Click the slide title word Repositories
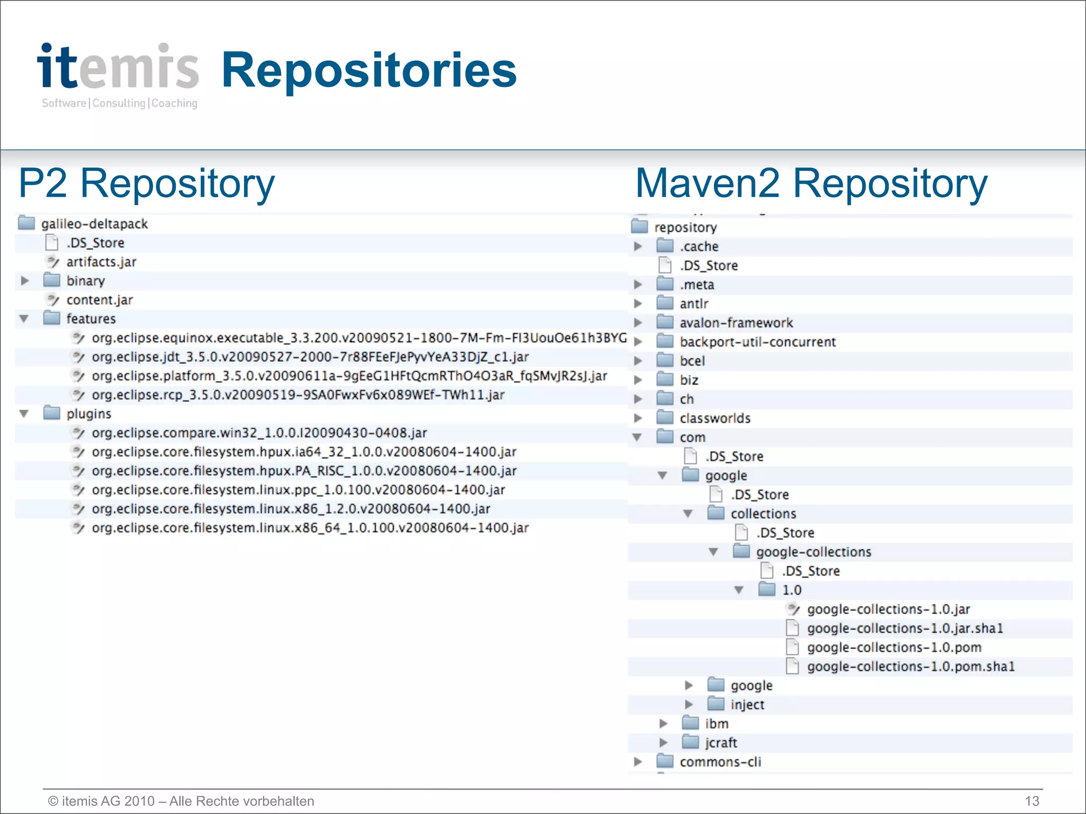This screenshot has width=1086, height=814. click(x=369, y=70)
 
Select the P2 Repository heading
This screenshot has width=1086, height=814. click(x=147, y=183)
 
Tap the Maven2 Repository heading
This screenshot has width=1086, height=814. click(x=811, y=183)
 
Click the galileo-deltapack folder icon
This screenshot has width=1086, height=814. click(x=27, y=223)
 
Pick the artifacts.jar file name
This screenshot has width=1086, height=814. click(x=101, y=262)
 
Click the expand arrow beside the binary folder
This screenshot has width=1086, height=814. click(x=24, y=280)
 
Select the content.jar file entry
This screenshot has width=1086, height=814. click(x=100, y=300)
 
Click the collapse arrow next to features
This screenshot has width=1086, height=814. click(x=24, y=319)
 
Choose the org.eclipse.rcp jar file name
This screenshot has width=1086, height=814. click(x=297, y=395)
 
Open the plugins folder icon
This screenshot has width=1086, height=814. click(x=51, y=413)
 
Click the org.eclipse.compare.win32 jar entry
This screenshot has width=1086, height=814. click(x=259, y=433)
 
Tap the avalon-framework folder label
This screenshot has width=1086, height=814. click(x=736, y=323)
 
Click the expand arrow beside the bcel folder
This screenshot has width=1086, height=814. click(x=638, y=361)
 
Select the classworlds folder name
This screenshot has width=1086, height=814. click(x=715, y=418)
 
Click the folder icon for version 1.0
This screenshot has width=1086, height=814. click(x=767, y=589)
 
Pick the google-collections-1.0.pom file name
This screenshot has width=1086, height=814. click(x=894, y=647)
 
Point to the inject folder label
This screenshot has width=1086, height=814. click(x=747, y=704)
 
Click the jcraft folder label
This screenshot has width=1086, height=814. click(x=721, y=742)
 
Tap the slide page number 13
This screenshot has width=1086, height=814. click(x=1032, y=801)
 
